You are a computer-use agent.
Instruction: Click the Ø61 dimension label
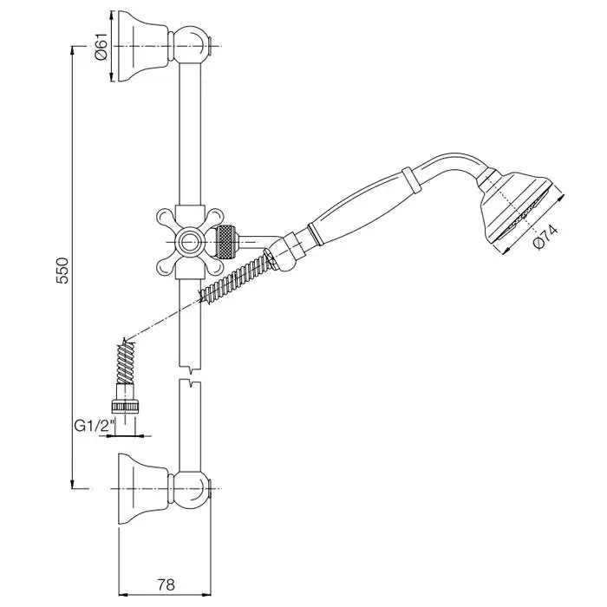tap(100, 47)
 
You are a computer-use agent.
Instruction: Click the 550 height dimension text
tap(62, 270)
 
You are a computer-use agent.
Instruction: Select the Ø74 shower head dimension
tap(545, 237)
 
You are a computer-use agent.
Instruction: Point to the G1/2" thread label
tap(95, 427)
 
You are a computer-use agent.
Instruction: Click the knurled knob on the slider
tap(226, 242)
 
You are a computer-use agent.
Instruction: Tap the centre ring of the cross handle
tap(189, 242)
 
